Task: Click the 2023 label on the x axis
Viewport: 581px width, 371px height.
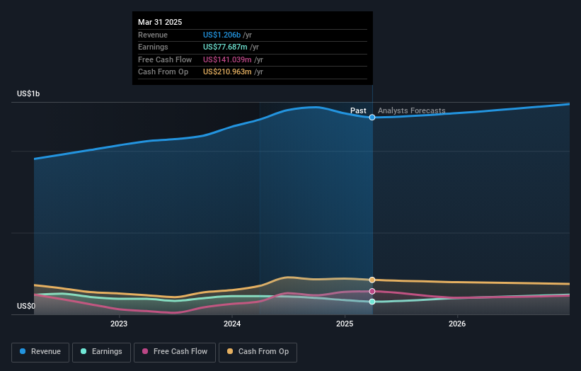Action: point(118,324)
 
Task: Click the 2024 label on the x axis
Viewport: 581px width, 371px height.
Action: point(231,324)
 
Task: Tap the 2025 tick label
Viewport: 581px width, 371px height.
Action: point(345,324)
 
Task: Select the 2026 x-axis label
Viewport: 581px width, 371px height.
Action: point(457,324)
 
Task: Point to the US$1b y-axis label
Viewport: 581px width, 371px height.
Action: point(29,94)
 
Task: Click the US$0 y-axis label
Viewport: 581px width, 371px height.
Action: point(26,307)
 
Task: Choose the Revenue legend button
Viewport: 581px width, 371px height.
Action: point(41,352)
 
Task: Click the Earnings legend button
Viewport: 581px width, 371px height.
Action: point(102,352)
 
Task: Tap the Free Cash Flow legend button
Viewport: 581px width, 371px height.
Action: point(175,352)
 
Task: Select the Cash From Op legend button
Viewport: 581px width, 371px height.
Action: point(258,352)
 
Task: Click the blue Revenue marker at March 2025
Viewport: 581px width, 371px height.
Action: point(372,118)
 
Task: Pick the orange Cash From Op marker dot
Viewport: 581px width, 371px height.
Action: point(372,280)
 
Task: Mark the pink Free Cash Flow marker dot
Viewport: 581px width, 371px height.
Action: point(372,292)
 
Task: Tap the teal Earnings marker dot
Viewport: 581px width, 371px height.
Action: point(372,302)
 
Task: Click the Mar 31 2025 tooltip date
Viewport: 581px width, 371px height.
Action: point(160,23)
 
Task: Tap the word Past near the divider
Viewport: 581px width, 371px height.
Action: point(358,110)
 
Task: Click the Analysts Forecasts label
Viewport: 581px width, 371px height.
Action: point(412,110)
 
